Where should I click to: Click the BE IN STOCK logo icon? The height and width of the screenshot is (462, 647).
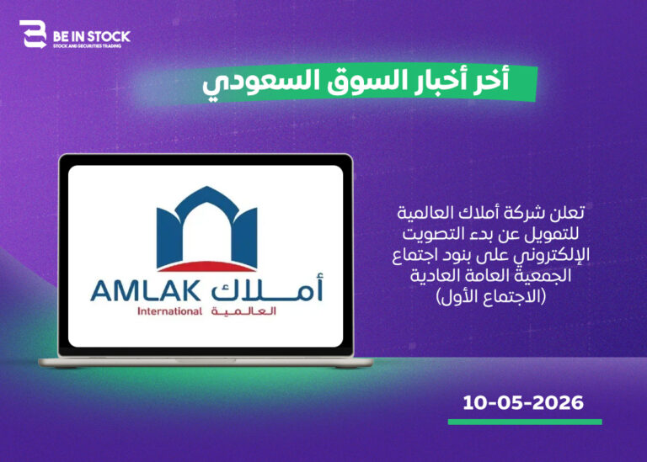[x=33, y=35]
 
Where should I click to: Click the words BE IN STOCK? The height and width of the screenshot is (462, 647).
[x=92, y=37]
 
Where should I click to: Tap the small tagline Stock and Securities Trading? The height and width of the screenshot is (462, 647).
[x=88, y=46]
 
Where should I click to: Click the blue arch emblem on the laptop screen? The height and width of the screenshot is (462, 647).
[x=206, y=226]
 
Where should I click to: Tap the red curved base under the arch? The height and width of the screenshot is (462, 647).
[x=206, y=267]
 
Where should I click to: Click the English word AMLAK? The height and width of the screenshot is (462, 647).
[x=146, y=291]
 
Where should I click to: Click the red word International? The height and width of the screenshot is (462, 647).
[x=169, y=311]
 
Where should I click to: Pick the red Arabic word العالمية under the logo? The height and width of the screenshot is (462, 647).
[x=243, y=311]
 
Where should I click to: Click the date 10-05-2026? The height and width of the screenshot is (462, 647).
[x=523, y=402]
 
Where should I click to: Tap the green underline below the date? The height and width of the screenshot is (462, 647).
[x=525, y=422]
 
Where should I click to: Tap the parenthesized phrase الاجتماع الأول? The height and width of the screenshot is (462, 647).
[x=491, y=296]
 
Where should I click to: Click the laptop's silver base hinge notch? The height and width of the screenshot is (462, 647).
[x=206, y=361]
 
